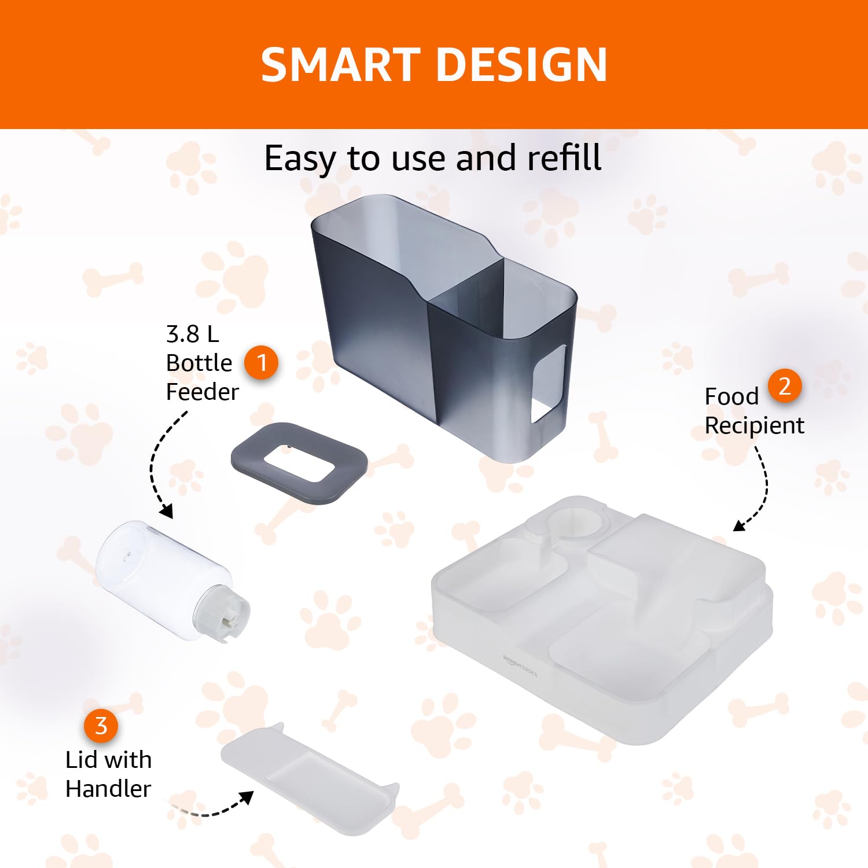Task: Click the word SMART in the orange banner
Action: (340, 64)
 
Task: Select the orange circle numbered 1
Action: (262, 363)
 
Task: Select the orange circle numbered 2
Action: (785, 386)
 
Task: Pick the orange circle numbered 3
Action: (101, 726)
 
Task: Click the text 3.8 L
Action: (192, 334)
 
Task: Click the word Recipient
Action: (754, 426)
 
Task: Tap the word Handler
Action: (108, 789)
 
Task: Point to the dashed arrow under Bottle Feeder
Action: (152, 463)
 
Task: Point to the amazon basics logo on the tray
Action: (520, 665)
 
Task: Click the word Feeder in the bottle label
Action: (202, 392)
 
